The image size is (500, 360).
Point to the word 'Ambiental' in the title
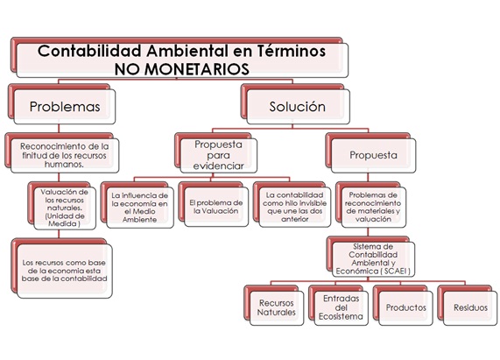[187, 51]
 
